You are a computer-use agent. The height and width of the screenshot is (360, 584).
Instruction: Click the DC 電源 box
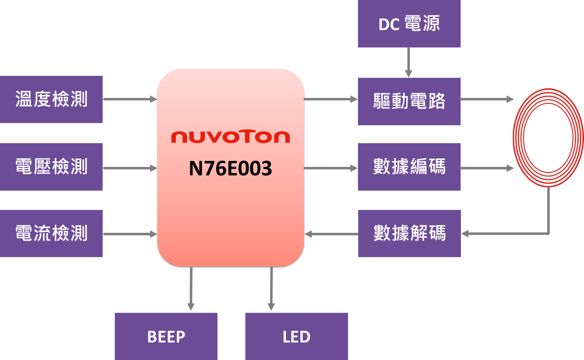tap(409, 24)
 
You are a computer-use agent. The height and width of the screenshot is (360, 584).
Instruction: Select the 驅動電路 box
tap(409, 101)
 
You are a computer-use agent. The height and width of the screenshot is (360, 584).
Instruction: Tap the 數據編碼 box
tap(409, 167)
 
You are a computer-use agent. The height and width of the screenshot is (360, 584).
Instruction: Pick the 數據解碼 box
tap(409, 233)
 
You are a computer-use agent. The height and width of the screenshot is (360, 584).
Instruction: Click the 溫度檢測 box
tap(51, 99)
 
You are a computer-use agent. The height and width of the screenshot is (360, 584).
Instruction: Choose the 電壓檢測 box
tap(51, 167)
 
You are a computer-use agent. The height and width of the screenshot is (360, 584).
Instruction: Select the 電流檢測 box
tap(51, 233)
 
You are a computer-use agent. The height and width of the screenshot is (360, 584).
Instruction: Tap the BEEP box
tap(166, 336)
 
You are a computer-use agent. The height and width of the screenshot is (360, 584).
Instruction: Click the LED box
tap(296, 336)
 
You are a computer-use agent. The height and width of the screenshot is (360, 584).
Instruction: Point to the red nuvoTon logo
tap(230, 137)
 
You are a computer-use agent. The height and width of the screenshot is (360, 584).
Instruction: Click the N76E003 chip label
tap(230, 168)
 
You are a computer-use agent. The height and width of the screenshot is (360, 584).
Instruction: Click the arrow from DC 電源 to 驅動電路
tap(409, 62)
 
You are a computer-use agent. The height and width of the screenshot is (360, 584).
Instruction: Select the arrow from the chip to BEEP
tap(191, 290)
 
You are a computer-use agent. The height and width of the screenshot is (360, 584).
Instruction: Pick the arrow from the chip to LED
tap(271, 290)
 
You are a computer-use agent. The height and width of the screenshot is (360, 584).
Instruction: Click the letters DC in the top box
tap(389, 25)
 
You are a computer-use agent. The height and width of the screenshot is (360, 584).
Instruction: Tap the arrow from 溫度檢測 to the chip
tap(130, 99)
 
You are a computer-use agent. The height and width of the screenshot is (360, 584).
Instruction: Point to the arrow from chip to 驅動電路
tap(331, 99)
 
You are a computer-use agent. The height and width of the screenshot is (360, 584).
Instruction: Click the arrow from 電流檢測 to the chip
tap(130, 234)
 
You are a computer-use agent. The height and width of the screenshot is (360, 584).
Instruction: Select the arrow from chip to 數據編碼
tap(331, 168)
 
